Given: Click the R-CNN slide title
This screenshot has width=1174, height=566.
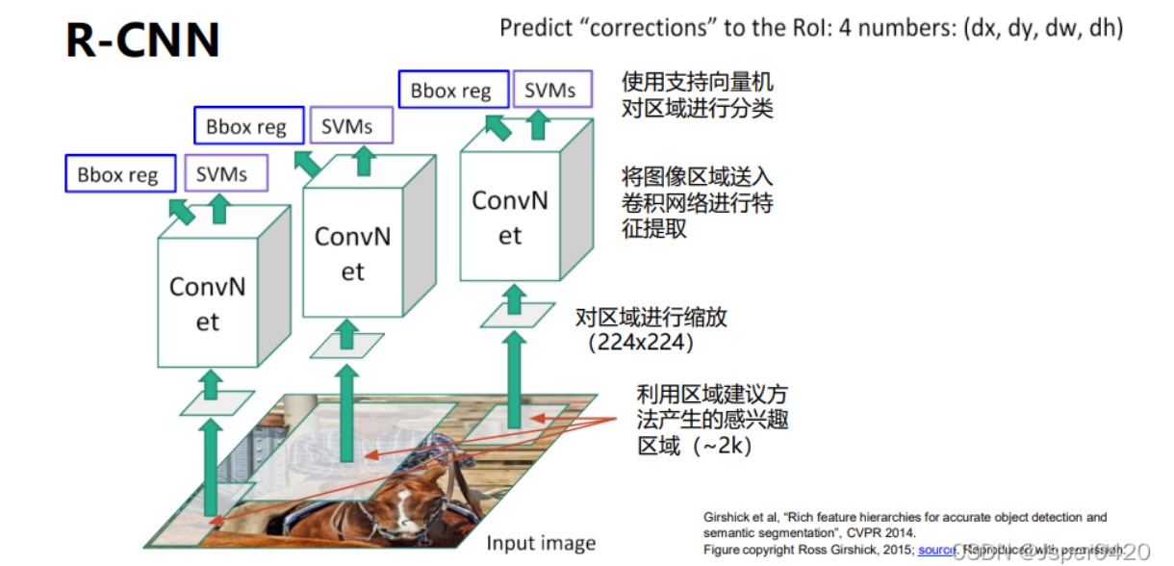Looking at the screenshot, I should pos(142,40).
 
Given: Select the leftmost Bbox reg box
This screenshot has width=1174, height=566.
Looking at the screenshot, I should pos(119,174).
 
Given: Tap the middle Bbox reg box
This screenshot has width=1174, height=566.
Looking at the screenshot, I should pos(246,126).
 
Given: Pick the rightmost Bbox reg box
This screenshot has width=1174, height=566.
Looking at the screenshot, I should pos(450,90).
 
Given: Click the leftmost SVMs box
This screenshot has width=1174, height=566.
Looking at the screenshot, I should pos(222,174).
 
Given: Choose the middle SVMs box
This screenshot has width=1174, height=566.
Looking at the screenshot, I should pos(347,126).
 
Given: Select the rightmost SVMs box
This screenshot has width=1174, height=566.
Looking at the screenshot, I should pos(550,90).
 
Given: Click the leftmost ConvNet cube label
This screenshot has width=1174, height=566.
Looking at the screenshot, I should pos(208,303).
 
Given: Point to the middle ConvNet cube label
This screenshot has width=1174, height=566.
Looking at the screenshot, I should pos(352,254).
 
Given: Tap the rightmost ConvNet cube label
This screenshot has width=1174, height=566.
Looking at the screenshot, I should pos(509,218).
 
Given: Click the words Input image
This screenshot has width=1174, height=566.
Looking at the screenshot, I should pos(541,543).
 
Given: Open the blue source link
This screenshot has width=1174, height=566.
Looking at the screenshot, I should pos(935,550).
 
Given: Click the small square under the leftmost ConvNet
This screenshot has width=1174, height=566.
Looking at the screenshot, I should pos(217,403).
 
